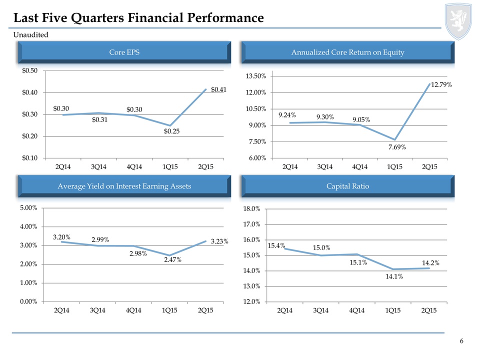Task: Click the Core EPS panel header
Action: (x=124, y=52)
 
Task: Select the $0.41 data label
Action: (x=218, y=89)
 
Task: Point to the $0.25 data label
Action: (x=171, y=131)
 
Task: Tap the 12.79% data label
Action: (x=441, y=85)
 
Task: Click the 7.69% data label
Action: (x=397, y=147)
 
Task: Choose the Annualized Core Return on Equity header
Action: (x=348, y=52)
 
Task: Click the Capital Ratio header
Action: (x=348, y=186)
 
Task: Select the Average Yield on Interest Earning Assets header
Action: (x=124, y=186)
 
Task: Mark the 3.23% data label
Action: (x=219, y=241)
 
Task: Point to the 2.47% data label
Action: (x=172, y=260)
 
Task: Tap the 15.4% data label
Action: (x=276, y=245)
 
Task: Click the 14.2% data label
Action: (x=430, y=263)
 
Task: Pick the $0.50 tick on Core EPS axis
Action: (x=29, y=70)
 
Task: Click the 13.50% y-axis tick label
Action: (x=256, y=76)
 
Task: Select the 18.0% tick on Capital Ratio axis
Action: (x=251, y=209)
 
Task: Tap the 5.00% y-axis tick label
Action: (x=28, y=208)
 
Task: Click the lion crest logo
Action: (x=458, y=21)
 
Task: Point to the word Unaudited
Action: (x=31, y=34)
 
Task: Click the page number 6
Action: (x=461, y=341)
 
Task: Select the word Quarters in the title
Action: (x=97, y=18)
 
